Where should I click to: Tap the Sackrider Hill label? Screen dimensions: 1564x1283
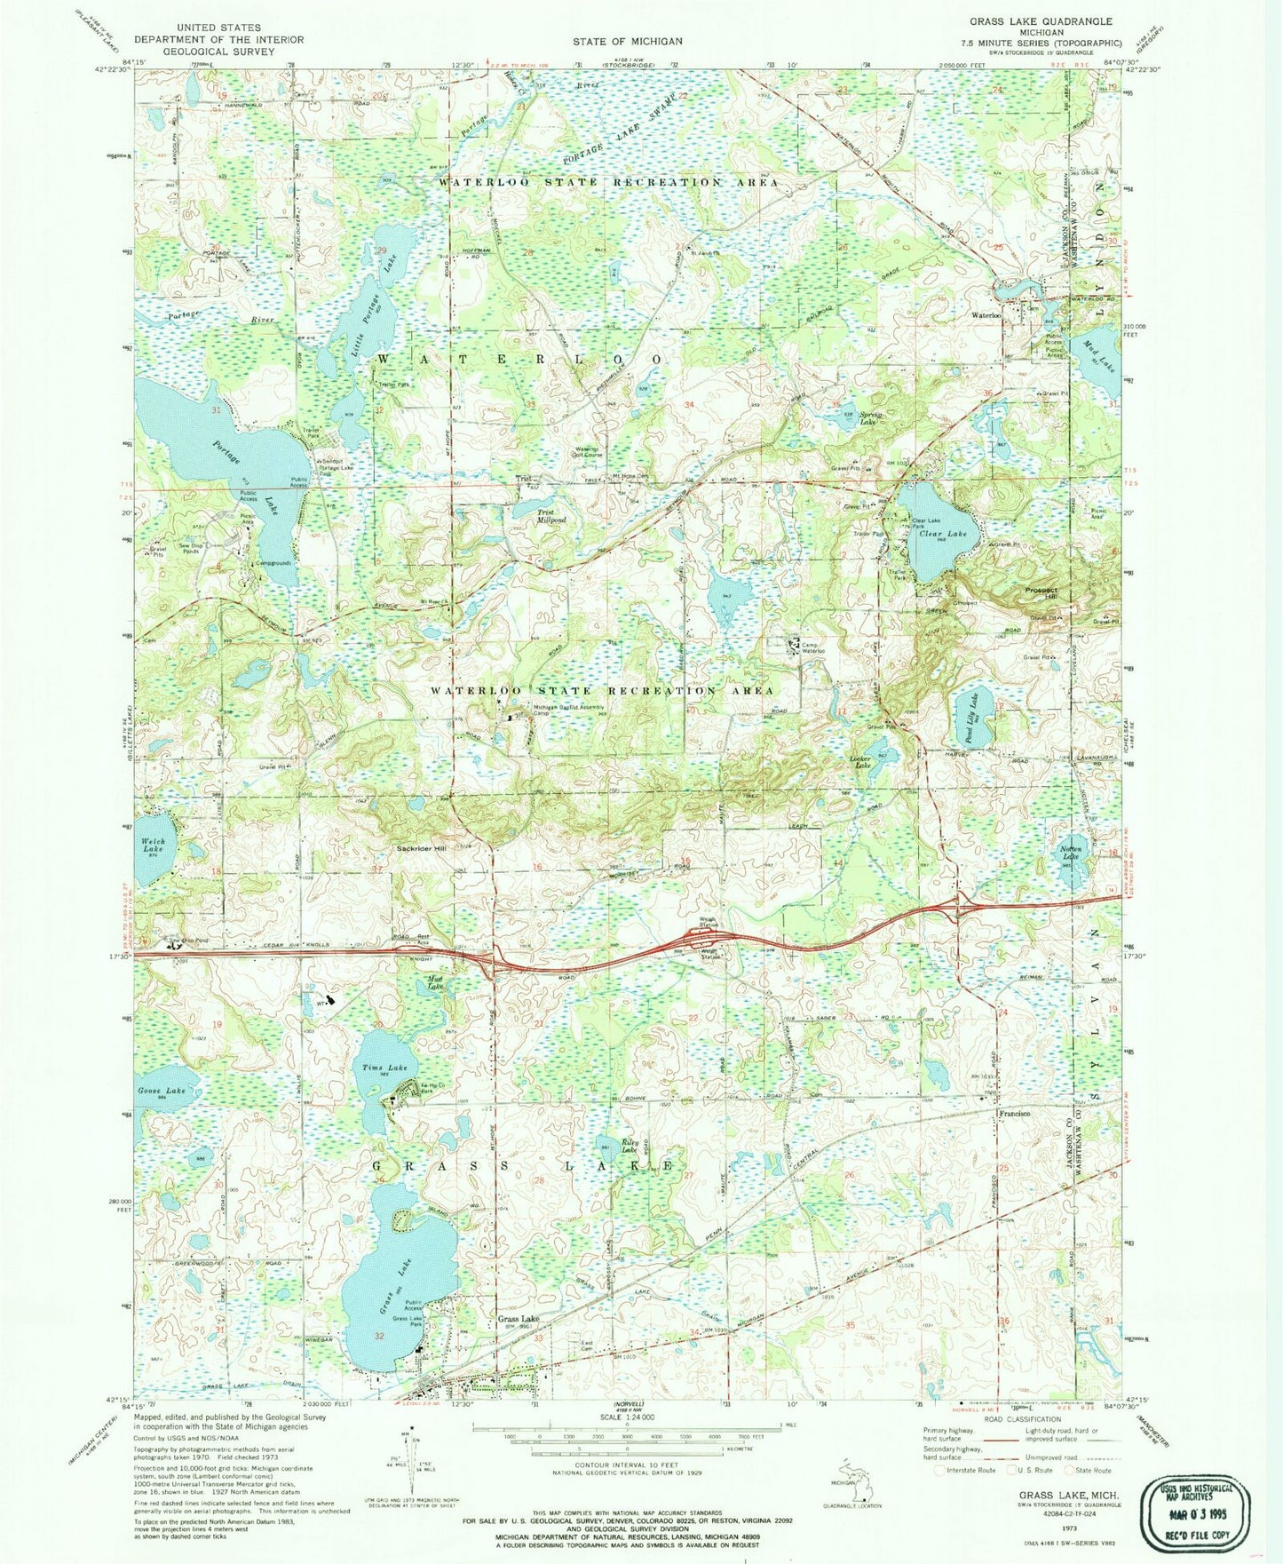[x=421, y=849]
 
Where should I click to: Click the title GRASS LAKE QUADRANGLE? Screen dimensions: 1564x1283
[x=1041, y=20]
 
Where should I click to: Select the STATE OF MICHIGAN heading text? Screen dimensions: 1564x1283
[x=627, y=41]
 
